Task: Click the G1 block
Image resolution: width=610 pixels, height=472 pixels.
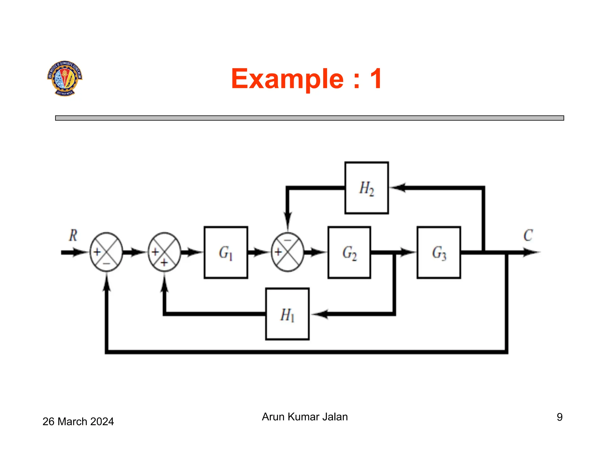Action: (x=226, y=252)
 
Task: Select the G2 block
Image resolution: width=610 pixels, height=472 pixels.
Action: (x=349, y=252)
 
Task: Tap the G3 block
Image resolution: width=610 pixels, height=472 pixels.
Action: (x=439, y=252)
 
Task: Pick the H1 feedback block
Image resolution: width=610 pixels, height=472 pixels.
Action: (x=287, y=314)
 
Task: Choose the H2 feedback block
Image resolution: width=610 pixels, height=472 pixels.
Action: (x=366, y=188)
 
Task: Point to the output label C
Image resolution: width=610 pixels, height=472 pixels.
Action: (x=528, y=235)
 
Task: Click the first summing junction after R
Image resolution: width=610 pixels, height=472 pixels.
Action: (x=106, y=252)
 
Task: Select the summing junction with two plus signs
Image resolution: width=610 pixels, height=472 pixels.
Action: (x=164, y=252)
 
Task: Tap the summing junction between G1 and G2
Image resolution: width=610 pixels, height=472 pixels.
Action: (x=288, y=252)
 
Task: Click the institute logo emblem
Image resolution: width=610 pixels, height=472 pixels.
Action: (x=65, y=78)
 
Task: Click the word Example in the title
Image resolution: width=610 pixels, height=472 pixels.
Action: (x=287, y=79)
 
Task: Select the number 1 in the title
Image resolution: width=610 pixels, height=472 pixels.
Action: (x=376, y=79)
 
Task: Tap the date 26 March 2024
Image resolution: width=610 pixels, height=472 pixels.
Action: (x=78, y=422)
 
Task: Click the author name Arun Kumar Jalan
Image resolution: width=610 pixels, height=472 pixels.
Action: (x=305, y=417)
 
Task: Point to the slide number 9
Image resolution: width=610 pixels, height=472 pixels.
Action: (x=560, y=417)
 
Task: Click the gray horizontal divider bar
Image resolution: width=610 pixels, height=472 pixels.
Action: (x=309, y=118)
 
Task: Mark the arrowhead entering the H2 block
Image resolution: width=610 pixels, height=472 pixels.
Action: (x=398, y=188)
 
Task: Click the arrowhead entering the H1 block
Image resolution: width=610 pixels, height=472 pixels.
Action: (x=320, y=314)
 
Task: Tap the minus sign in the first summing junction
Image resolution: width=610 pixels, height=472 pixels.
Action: (x=106, y=264)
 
